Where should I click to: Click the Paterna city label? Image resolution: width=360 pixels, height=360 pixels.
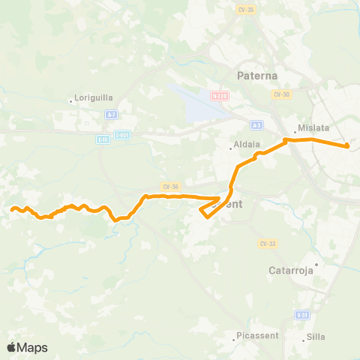(256, 76)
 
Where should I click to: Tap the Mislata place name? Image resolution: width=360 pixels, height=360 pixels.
(313, 128)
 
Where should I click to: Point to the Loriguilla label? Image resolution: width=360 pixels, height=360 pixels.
(92, 98)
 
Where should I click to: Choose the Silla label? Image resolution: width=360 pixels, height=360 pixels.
(315, 337)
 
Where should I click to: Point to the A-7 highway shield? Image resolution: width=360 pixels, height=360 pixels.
(111, 114)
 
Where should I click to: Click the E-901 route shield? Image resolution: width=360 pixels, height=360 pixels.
(124, 136)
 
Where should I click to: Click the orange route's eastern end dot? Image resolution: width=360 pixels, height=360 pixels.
(347, 146)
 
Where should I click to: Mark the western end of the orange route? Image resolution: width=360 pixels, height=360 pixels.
(13, 209)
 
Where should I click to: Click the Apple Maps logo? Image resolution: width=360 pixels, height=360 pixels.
(27, 347)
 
